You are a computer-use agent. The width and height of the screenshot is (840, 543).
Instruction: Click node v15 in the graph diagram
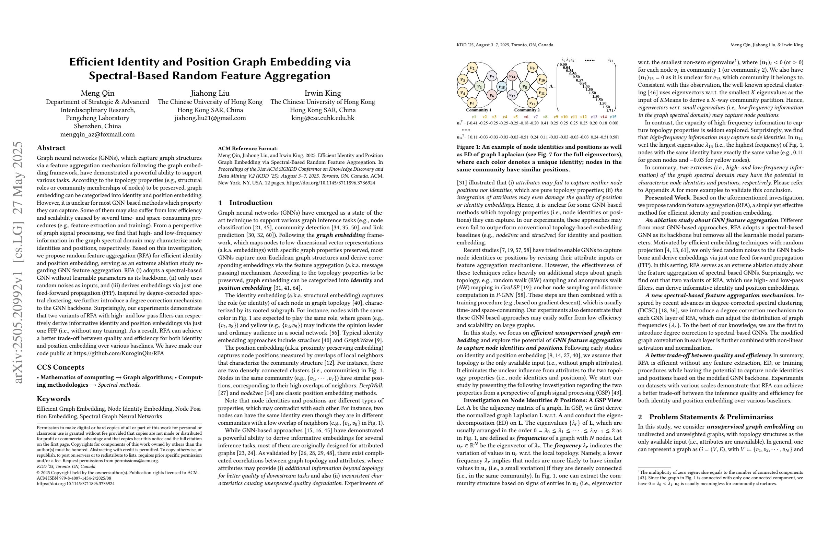pos(502,86)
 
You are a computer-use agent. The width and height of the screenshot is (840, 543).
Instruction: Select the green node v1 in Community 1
pos(480,86)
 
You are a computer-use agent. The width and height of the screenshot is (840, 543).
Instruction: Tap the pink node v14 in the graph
pos(512,76)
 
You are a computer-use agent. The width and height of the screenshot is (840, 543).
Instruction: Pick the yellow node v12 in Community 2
pos(533,103)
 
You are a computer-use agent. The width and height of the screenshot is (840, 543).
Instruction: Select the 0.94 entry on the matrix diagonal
pos(583,84)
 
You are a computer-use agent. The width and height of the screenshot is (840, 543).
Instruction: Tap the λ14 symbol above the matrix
pos(610,60)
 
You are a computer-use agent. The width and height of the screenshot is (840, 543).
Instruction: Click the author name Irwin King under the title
pos(323,93)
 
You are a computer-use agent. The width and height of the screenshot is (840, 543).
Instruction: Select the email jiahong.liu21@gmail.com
pos(210,118)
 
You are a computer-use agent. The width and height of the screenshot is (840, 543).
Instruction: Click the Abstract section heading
pos(51,148)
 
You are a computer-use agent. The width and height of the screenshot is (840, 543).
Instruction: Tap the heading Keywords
pos(54,399)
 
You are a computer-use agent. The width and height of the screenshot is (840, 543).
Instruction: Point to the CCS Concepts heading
pos(60,367)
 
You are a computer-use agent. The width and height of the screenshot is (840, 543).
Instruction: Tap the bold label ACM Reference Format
pos(248,148)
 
